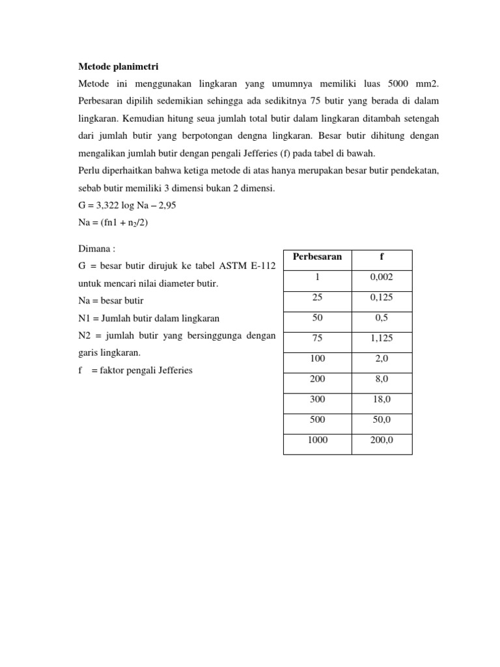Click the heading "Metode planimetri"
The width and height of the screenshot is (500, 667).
pyautogui.click(x=118, y=66)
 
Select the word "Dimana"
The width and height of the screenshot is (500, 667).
pyautogui.click(x=94, y=249)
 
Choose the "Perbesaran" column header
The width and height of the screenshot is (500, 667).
pyautogui.click(x=317, y=257)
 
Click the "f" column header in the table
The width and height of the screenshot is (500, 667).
pyautogui.click(x=381, y=257)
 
